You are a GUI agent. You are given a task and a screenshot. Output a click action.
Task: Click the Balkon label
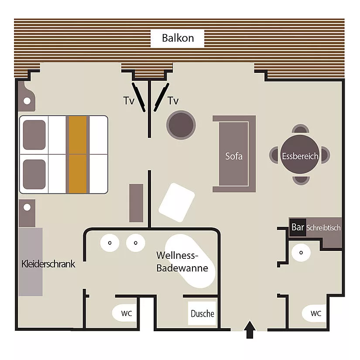pos(178,38)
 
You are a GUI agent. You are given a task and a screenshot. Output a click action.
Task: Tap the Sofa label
pos(234,156)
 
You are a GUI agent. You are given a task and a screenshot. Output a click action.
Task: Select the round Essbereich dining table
pos(300,154)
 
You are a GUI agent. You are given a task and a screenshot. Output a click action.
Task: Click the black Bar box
pos(298,227)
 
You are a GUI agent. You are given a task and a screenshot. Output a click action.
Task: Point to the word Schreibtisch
pos(323,228)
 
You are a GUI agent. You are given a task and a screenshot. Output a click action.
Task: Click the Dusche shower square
pos(202,313)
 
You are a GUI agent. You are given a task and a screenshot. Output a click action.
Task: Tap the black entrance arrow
pos(250,330)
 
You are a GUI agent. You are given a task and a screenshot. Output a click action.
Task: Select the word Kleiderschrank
pos(48,264)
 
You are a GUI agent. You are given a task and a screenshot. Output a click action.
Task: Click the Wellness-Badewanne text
pos(182,262)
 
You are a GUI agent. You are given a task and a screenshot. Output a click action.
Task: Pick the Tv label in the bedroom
pos(129,100)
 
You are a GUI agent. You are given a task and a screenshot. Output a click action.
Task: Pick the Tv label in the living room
pos(173,100)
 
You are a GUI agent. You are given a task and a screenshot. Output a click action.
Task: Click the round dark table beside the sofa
pos(181,125)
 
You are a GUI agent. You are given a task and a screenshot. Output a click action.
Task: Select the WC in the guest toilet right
pos(314,313)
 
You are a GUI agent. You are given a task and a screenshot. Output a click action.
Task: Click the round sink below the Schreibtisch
pos(301,253)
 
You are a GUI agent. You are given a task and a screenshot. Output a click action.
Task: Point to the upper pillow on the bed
pos(34,135)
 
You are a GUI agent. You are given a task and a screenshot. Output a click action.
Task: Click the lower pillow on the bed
pos(34,174)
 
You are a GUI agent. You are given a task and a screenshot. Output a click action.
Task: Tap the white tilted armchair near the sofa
pos(177,202)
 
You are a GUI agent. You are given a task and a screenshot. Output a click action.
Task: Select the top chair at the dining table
pos(300,129)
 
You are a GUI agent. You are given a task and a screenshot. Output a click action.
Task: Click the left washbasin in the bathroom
pos(110,243)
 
